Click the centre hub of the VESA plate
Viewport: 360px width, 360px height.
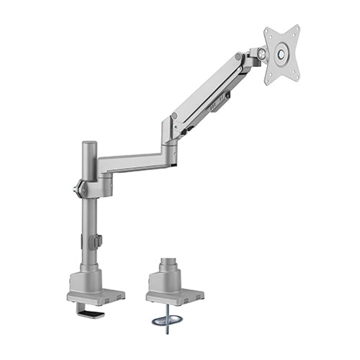(281, 53)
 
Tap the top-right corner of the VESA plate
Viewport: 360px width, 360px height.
(296, 30)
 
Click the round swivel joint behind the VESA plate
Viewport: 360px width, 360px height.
(256, 55)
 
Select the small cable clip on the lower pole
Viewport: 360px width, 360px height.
(99, 241)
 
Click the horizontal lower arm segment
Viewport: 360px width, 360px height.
(133, 162)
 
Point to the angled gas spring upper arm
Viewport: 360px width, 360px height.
(209, 94)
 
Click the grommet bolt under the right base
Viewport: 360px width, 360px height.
(168, 317)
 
